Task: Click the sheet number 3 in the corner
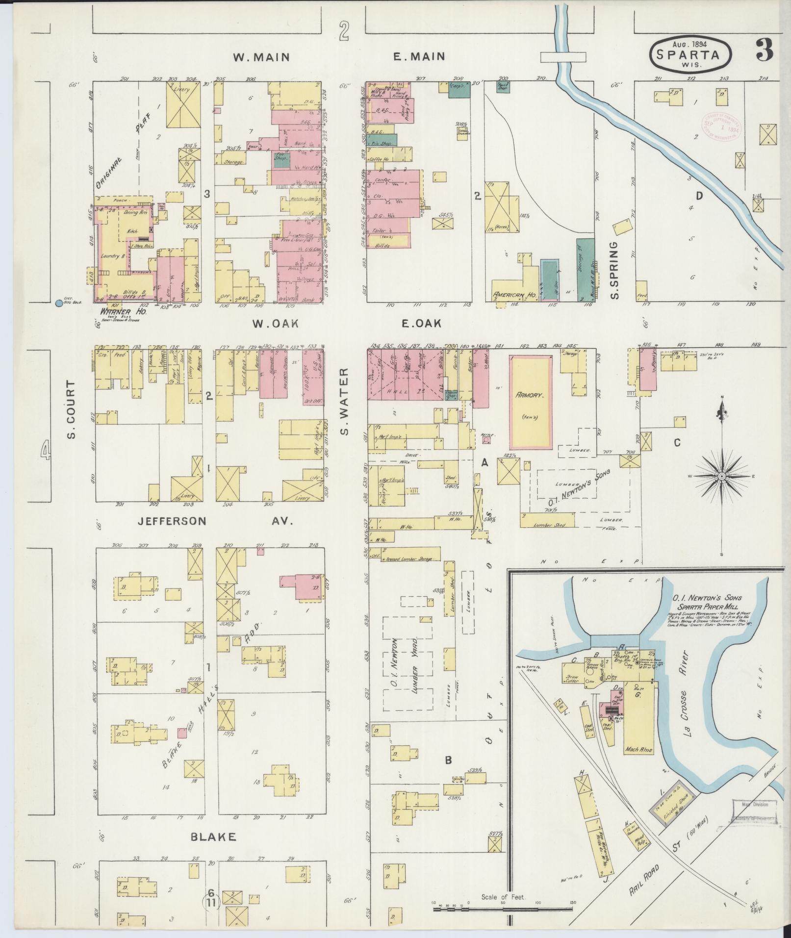tap(765, 50)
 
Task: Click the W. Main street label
tap(261, 57)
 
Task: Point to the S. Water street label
tap(344, 402)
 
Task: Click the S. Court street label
tap(72, 409)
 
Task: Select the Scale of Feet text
tap(503, 897)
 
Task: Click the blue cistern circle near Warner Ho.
tap(59, 303)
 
